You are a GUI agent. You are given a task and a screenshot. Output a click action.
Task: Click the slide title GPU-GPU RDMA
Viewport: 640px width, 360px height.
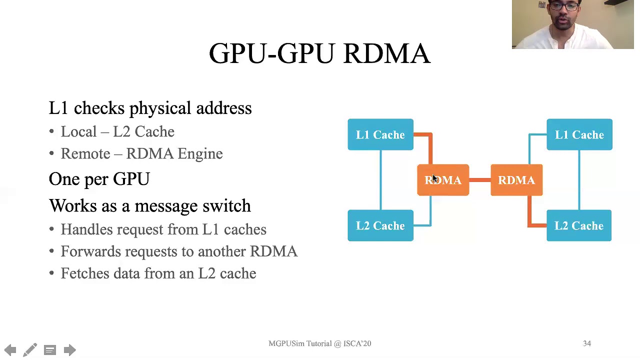coord(319,53)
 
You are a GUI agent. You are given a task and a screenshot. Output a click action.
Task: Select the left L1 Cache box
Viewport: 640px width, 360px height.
coord(380,134)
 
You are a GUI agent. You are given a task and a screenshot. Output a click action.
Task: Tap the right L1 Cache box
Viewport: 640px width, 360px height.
coord(579,134)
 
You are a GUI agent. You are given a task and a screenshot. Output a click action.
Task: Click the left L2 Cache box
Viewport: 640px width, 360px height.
coord(380,225)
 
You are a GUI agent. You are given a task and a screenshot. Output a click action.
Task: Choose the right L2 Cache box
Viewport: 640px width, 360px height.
coord(579,225)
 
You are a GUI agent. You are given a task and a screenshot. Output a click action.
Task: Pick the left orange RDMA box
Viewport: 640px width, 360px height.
coord(443,180)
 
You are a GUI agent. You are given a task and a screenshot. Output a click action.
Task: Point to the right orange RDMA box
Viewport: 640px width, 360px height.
coord(516,180)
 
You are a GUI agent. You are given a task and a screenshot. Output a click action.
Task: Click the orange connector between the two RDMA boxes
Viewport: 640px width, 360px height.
coord(480,180)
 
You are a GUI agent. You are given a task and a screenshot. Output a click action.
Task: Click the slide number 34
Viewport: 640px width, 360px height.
coord(586,343)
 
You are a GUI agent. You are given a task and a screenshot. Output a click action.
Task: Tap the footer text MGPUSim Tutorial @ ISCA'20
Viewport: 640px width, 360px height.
coord(319,343)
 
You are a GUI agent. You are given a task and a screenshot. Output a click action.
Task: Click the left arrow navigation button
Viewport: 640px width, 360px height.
coord(10,350)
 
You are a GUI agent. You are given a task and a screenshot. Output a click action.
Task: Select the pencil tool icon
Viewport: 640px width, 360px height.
coord(30,350)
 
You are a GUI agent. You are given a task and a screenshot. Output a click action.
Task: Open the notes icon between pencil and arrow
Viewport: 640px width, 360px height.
coord(50,350)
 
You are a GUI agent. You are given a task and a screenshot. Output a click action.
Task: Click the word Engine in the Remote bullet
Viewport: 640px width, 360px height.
coord(200,153)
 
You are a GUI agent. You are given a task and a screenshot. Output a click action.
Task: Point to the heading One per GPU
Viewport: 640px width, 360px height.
coord(99,179)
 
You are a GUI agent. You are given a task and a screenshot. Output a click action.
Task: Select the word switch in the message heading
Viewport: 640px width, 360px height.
coord(226,205)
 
